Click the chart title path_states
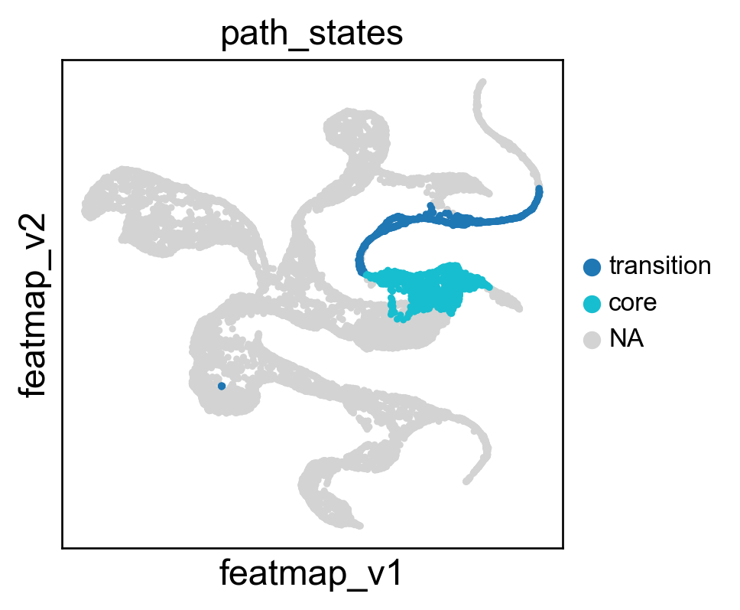pyautogui.click(x=311, y=34)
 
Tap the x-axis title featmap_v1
pyautogui.click(x=311, y=573)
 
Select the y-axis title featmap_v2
pyautogui.click(x=32, y=305)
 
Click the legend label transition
pyautogui.click(x=660, y=266)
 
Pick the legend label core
pyautogui.click(x=632, y=303)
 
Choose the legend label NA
pyautogui.click(x=626, y=338)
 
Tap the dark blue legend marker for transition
pyautogui.click(x=592, y=267)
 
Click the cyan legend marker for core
pyautogui.click(x=592, y=304)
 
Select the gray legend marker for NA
pyautogui.click(x=592, y=340)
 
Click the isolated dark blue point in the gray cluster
pyautogui.click(x=222, y=386)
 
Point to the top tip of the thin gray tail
pyautogui.click(x=482, y=82)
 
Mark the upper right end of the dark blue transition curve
pyautogui.click(x=539, y=190)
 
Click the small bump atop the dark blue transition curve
pyautogui.click(x=430, y=206)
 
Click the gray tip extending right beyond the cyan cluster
pyautogui.click(x=518, y=308)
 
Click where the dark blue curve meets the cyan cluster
pyautogui.click(x=365, y=273)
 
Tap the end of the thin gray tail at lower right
pyautogui.click(x=466, y=481)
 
